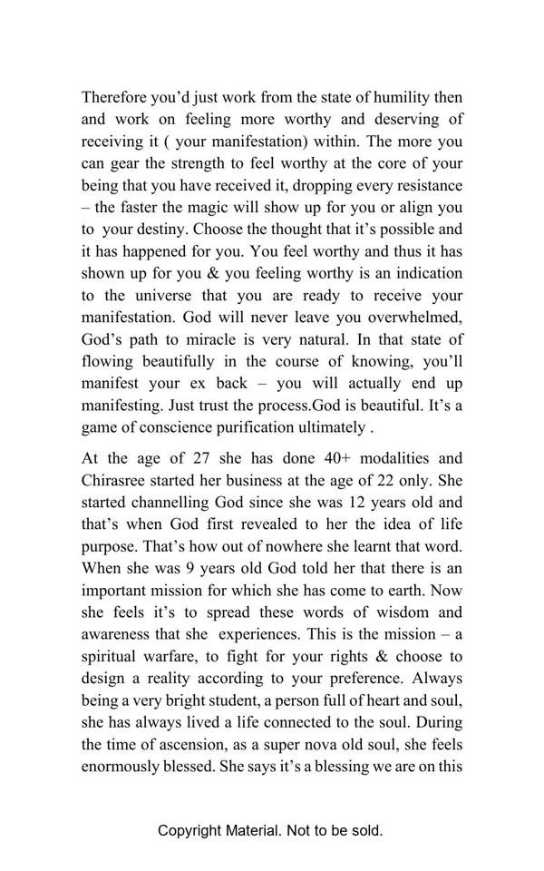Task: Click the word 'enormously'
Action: point(120,766)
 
